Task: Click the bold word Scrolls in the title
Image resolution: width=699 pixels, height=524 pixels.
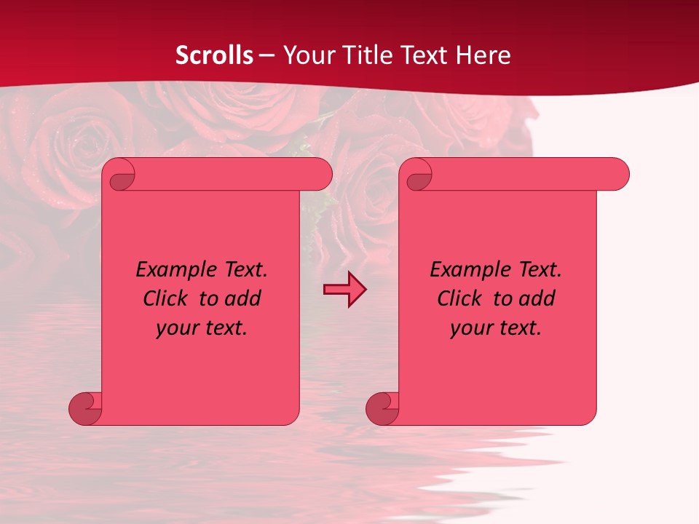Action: [214, 55]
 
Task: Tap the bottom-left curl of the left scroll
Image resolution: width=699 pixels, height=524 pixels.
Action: [86, 408]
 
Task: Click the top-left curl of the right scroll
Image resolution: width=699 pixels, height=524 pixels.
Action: [419, 175]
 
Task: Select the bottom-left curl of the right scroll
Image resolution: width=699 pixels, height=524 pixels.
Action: [382, 408]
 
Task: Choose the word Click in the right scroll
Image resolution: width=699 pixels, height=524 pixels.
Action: [460, 298]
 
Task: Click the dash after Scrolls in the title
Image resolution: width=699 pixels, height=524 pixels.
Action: [266, 55]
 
